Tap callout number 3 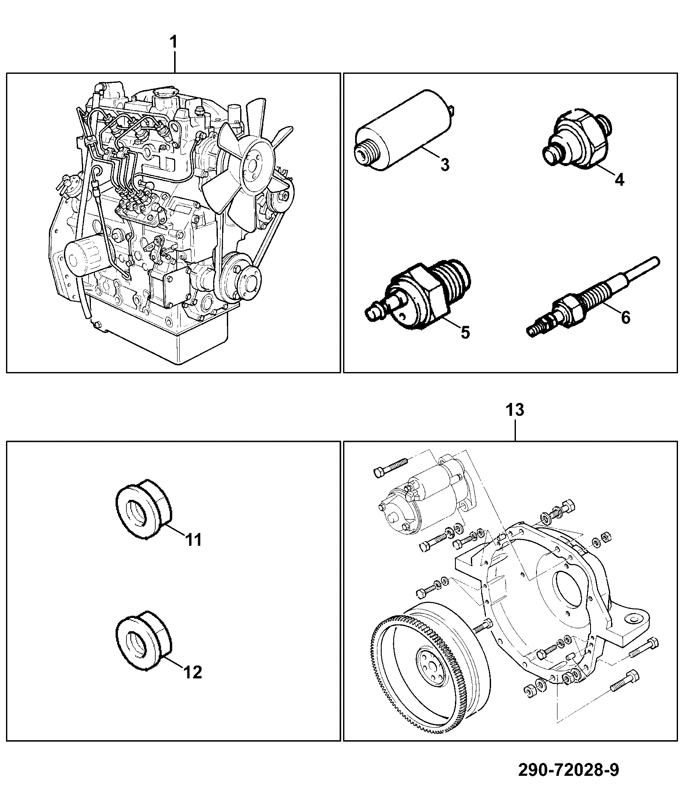coord(445,164)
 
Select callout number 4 coord(619,179)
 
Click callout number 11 coord(193,539)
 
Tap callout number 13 coord(514,410)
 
